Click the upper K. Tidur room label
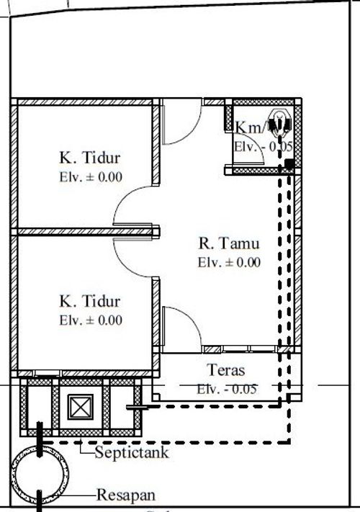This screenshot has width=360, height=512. [89, 158]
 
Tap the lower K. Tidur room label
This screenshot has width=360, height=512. [89, 301]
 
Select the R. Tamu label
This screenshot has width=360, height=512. [229, 243]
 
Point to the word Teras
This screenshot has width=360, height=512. [227, 371]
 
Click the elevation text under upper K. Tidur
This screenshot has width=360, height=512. [91, 176]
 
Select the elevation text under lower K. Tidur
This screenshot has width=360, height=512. [91, 320]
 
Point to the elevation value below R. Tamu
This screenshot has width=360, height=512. [229, 262]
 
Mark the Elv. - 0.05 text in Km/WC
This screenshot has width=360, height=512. [263, 145]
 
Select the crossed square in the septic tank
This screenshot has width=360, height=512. [77, 408]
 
